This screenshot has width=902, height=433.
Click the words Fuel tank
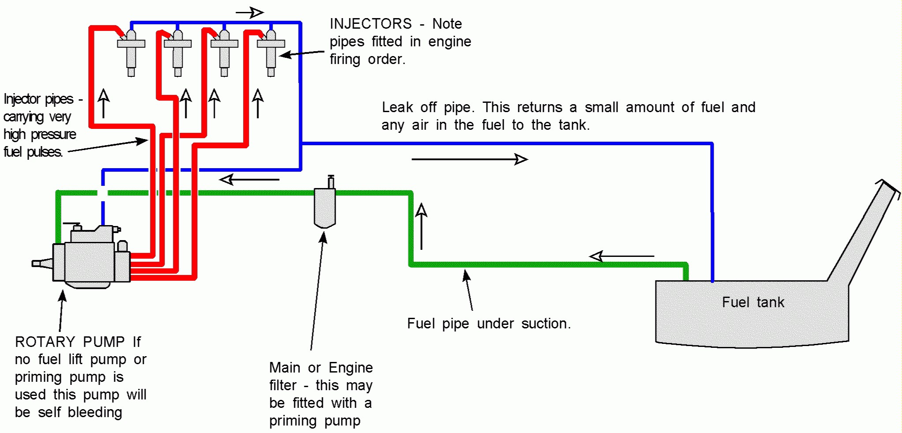click(x=753, y=302)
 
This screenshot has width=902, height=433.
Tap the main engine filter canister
click(x=325, y=205)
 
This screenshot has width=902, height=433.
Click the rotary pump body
click(x=92, y=258)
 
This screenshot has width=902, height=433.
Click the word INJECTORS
click(x=371, y=24)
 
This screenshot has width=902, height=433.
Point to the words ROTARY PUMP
click(x=70, y=342)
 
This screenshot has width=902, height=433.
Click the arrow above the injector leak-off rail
click(x=250, y=12)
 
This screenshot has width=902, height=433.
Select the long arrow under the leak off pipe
click(x=470, y=159)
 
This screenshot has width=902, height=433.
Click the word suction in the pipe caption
click(x=546, y=324)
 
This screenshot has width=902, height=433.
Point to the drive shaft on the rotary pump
click(x=43, y=264)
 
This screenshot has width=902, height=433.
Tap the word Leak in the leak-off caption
click(x=397, y=107)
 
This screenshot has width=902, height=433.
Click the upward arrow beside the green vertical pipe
click(x=422, y=226)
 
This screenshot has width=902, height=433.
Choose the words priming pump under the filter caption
click(x=314, y=421)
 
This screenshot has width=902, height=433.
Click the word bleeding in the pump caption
click(x=95, y=412)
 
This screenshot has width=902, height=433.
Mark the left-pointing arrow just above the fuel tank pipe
click(x=622, y=256)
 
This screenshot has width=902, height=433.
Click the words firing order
click(x=367, y=59)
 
